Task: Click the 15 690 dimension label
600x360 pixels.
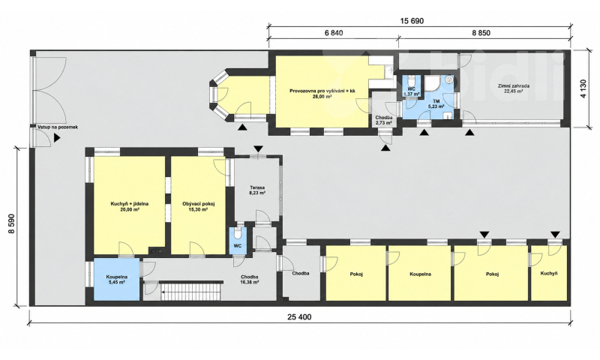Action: click(x=412, y=21)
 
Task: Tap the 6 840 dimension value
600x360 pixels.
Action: click(x=334, y=33)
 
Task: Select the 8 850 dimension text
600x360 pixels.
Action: click(x=481, y=33)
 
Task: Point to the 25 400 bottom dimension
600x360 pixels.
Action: click(x=299, y=316)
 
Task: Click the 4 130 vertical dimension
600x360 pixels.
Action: click(x=583, y=88)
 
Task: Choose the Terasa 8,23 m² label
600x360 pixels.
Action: click(x=257, y=190)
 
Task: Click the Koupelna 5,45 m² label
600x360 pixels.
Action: click(x=117, y=279)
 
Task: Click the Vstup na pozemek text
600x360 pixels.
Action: click(x=58, y=127)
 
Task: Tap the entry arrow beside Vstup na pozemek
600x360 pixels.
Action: click(x=57, y=138)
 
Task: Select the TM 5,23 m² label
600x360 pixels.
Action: click(x=436, y=103)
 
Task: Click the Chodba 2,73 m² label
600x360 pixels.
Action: click(x=383, y=120)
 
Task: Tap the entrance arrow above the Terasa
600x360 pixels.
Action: click(x=258, y=148)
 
